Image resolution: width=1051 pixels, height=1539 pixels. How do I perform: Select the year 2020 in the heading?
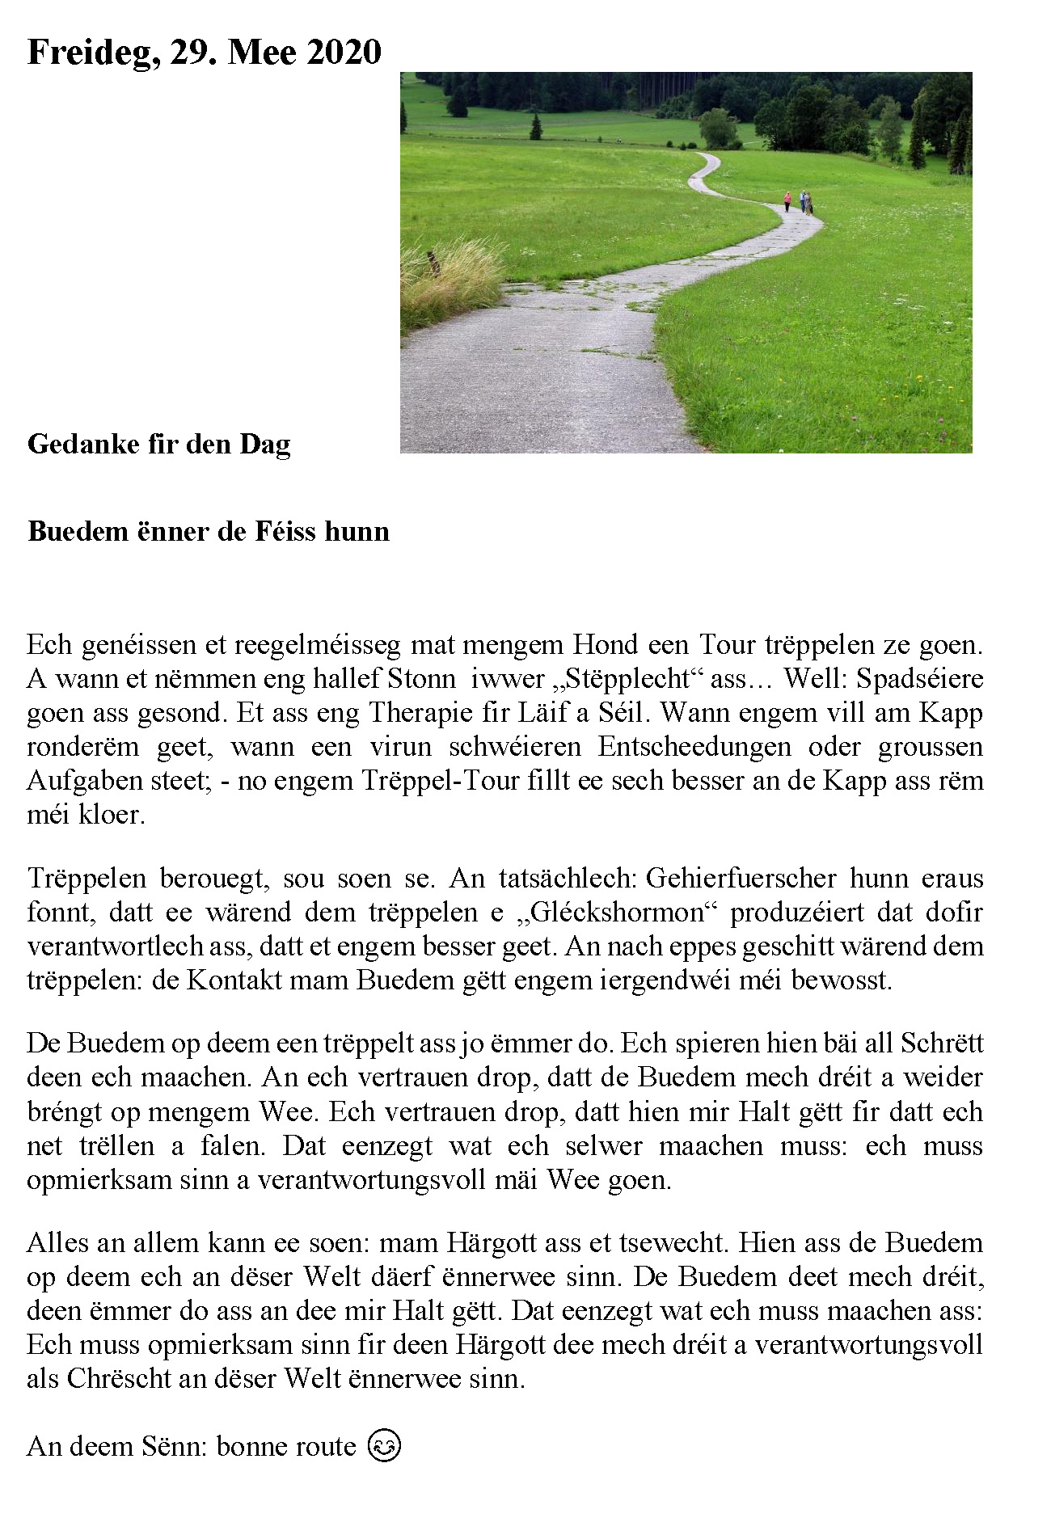(344, 53)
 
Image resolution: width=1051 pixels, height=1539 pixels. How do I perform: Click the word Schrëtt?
(942, 1043)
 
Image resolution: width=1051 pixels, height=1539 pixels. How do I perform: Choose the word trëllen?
(116, 1145)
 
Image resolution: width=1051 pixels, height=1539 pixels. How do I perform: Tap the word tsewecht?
(663, 1242)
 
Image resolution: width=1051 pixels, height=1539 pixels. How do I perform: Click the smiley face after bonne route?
(384, 1445)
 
